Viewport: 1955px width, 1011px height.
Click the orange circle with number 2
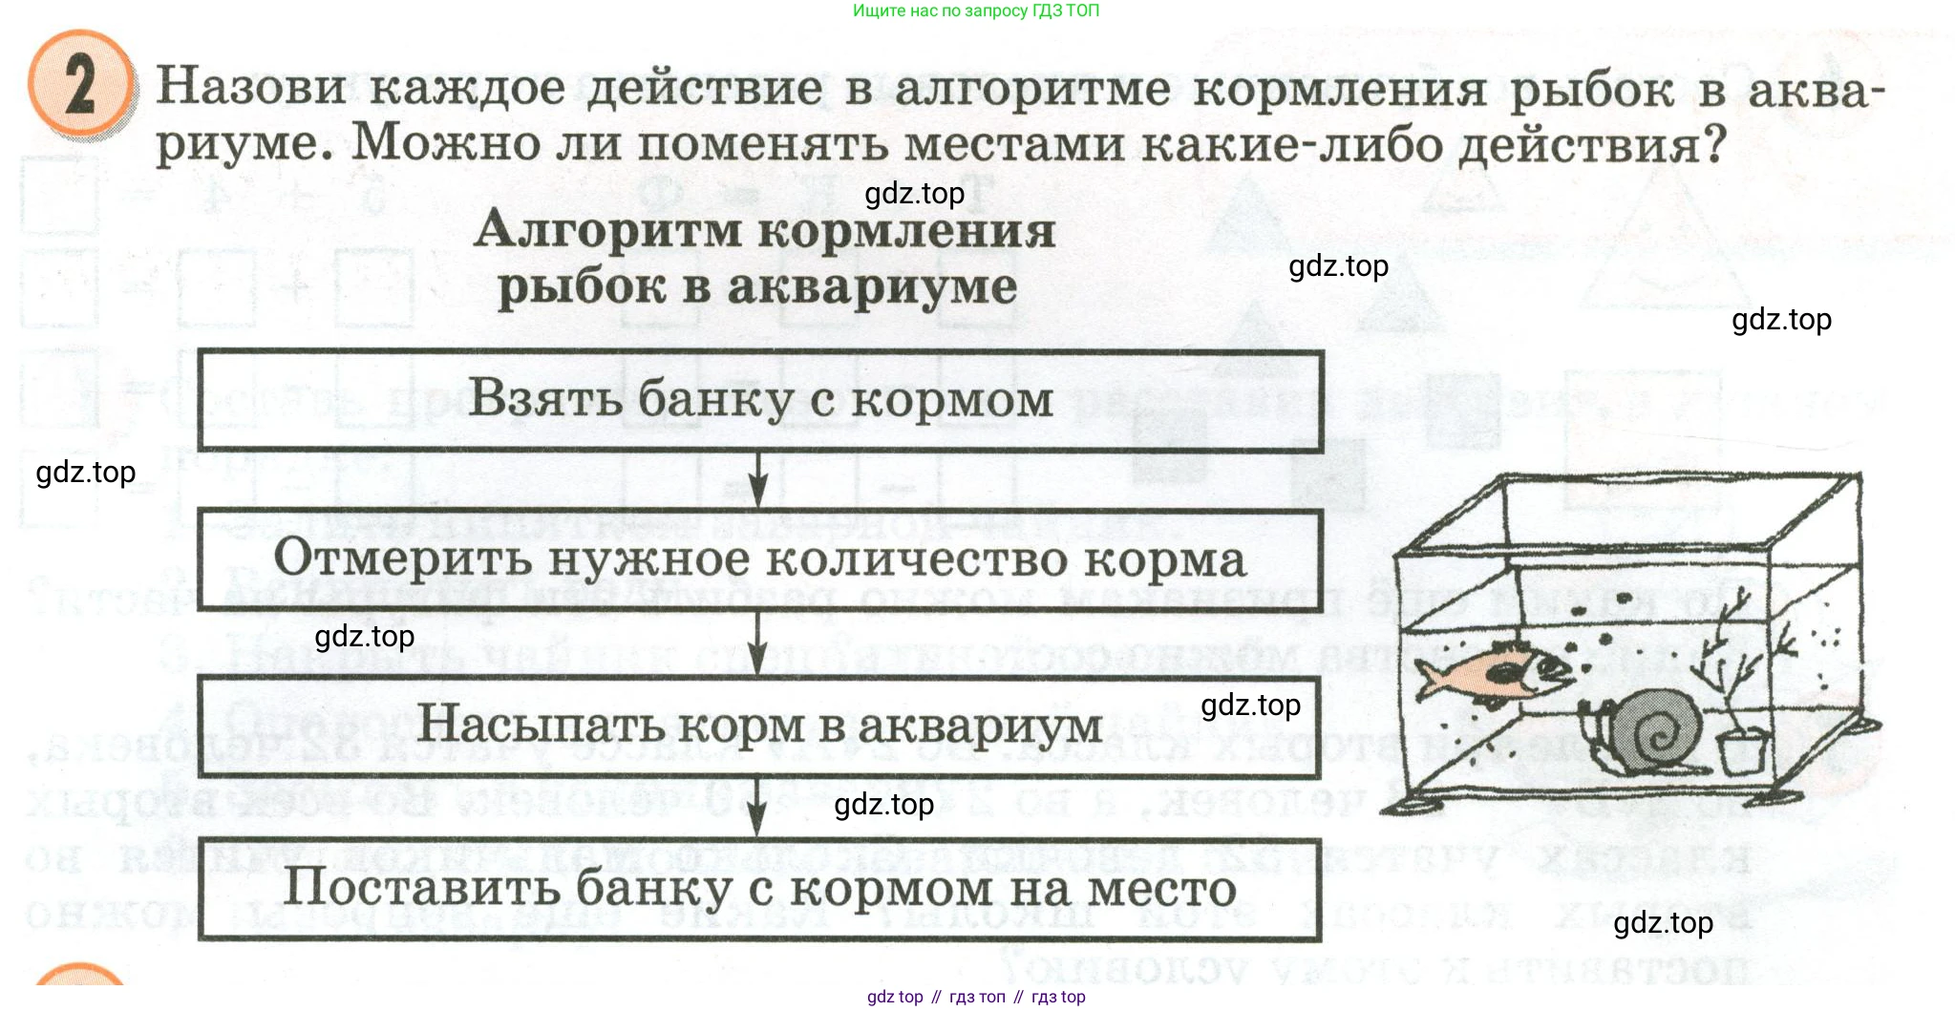(80, 86)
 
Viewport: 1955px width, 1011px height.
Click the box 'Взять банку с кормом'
(760, 400)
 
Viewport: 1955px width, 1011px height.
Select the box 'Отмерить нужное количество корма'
(760, 559)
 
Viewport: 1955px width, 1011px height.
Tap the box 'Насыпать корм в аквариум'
(760, 726)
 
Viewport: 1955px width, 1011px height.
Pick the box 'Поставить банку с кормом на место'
(760, 889)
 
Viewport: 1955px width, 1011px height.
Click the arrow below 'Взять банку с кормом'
(757, 480)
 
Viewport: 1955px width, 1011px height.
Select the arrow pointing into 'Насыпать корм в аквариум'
(757, 644)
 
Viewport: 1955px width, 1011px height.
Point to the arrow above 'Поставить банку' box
(756, 808)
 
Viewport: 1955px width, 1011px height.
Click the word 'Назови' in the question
(251, 87)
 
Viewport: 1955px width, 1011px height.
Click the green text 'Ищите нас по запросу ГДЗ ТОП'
(976, 11)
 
